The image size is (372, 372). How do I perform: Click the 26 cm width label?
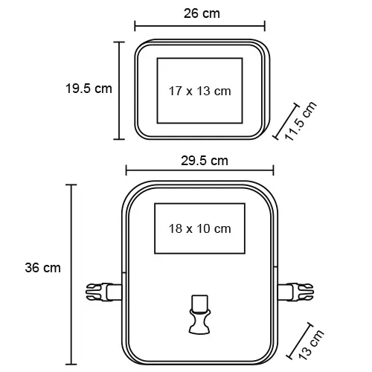(202, 13)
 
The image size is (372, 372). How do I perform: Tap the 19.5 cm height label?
(89, 89)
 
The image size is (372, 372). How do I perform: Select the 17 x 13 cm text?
(200, 91)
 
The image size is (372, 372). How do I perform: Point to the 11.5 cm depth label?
(301, 121)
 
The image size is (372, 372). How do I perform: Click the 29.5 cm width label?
(205, 161)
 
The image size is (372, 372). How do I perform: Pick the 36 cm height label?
(42, 268)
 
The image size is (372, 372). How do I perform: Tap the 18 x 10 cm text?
(200, 228)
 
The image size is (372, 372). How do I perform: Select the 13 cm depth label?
(311, 345)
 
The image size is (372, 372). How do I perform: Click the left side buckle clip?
(104, 292)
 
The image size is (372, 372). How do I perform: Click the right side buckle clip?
(295, 292)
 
